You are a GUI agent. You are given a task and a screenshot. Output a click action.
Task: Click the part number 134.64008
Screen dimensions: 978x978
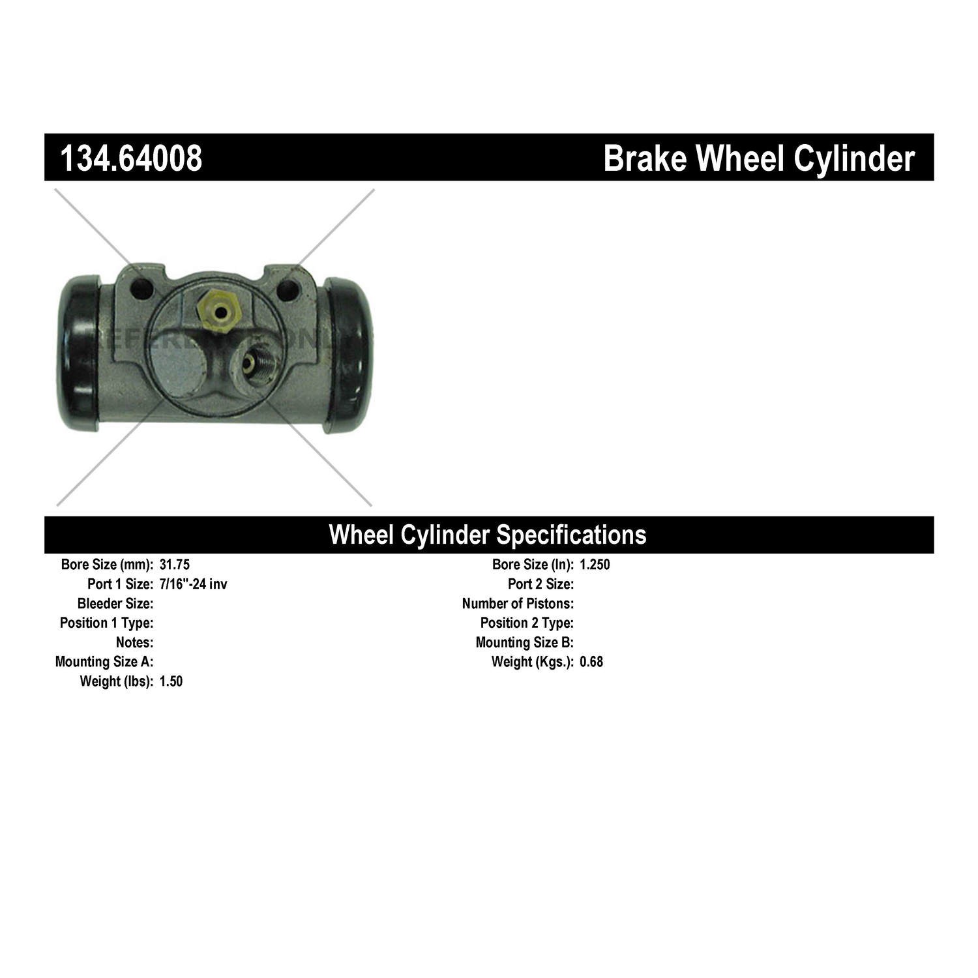pos(131,158)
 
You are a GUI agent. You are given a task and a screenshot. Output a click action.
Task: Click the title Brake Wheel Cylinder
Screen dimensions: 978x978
pos(759,158)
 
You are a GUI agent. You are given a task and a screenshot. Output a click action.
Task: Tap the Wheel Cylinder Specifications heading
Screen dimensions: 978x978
pos(488,535)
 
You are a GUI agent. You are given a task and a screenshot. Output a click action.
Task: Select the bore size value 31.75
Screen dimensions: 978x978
pos(174,565)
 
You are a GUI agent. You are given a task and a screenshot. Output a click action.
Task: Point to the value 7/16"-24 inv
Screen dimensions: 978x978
pos(193,584)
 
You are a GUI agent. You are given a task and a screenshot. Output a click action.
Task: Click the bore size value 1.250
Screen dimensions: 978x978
pos(595,565)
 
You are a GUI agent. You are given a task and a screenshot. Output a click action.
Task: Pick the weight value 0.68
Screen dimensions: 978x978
pos(591,662)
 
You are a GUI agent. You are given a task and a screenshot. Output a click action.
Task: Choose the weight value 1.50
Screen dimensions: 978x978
pos(171,681)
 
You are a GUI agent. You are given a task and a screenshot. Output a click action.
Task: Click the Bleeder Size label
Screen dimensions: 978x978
pos(115,603)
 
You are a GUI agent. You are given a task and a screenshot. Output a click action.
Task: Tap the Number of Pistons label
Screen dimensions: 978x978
pos(518,603)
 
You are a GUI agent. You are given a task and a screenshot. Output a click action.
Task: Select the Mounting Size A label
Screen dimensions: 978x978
pos(104,662)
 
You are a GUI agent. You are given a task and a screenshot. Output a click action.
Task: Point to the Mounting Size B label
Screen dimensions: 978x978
pos(525,642)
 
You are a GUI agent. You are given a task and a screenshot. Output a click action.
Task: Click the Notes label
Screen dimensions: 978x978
pos(134,642)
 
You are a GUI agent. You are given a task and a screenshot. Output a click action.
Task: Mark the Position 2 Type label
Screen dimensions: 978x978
pos(527,623)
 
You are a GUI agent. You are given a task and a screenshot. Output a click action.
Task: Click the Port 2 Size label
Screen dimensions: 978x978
pos(541,584)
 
